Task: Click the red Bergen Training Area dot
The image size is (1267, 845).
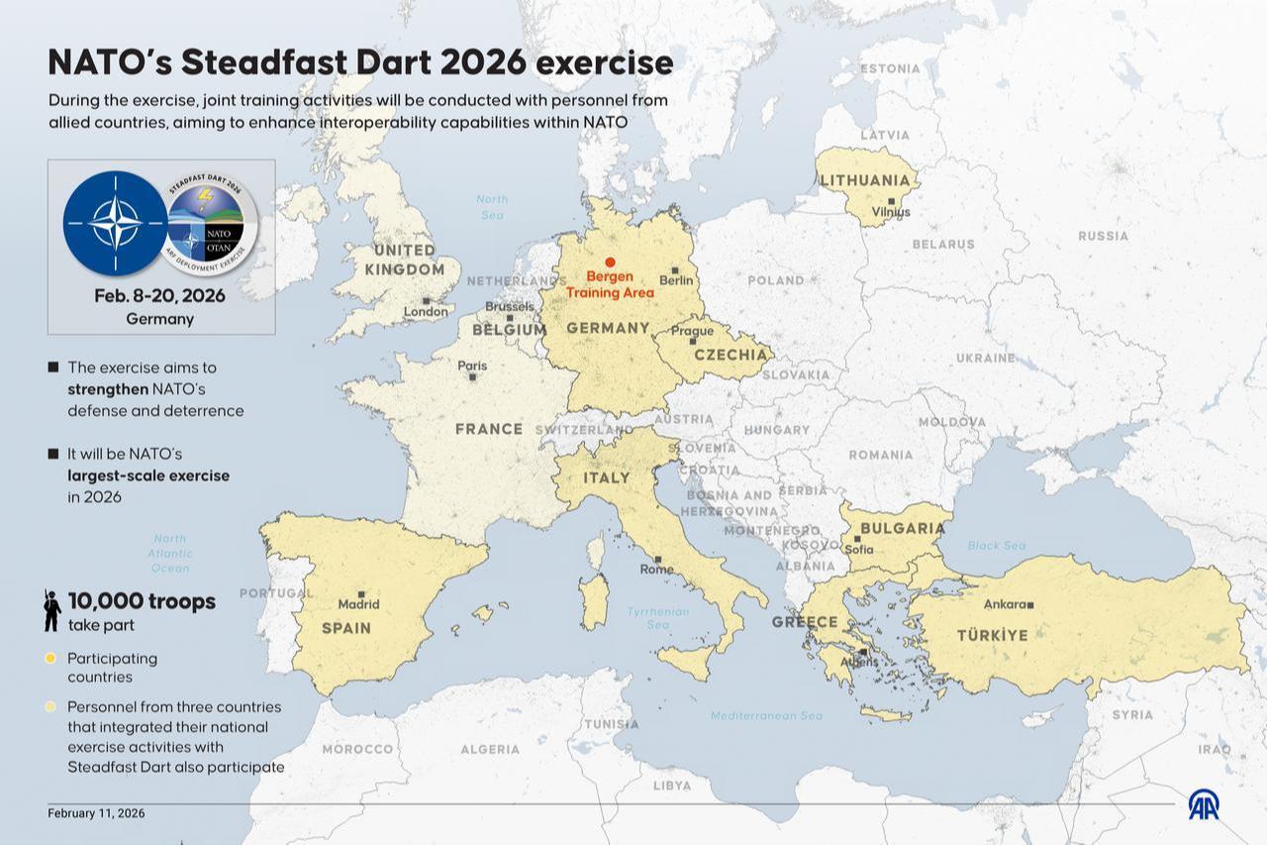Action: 610,262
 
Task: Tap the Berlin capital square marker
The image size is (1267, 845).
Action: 675,269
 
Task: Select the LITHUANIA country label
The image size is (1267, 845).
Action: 864,180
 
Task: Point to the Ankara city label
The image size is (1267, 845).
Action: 1004,604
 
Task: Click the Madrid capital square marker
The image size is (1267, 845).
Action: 361,593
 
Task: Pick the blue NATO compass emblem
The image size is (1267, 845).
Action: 115,223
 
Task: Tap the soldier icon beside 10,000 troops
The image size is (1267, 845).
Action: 52,611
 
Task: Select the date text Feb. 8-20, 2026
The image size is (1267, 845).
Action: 159,296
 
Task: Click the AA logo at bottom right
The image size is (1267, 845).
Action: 1204,804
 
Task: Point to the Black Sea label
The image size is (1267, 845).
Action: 997,546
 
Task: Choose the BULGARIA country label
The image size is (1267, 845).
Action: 903,528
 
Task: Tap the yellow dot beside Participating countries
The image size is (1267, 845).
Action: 50,658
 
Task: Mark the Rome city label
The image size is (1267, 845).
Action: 655,570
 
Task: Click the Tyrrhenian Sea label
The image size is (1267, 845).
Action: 658,618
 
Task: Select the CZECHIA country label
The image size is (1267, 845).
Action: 731,355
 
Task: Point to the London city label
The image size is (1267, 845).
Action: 426,312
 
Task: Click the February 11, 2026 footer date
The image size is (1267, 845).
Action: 96,813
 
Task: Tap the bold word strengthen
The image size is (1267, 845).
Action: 108,388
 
